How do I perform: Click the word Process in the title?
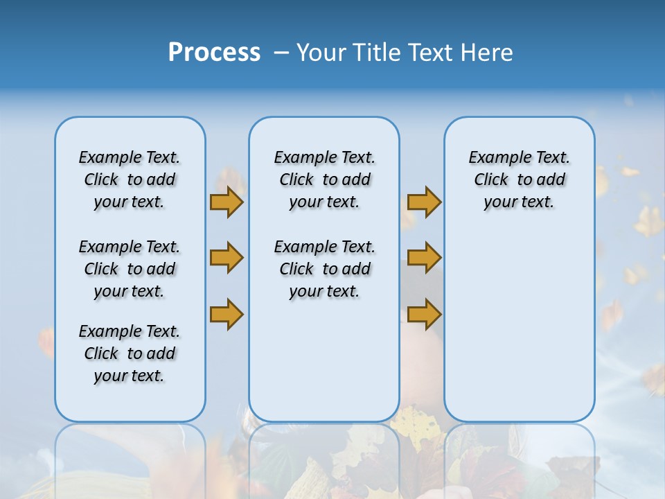[x=214, y=53]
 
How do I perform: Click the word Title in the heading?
[x=378, y=53]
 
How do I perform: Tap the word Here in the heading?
[x=488, y=53]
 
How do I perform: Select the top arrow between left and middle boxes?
[x=226, y=202]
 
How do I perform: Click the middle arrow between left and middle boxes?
[x=226, y=258]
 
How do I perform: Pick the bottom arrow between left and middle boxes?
[x=226, y=314]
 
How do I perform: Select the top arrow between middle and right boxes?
[x=424, y=202]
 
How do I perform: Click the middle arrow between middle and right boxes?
[x=424, y=258]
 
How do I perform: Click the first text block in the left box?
[x=130, y=180]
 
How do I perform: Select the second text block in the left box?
[x=130, y=269]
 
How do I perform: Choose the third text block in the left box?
[x=130, y=353]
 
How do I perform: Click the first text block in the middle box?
[x=324, y=180]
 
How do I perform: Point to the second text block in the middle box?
[x=324, y=269]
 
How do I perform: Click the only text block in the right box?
[x=519, y=180]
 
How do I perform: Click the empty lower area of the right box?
[x=519, y=333]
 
